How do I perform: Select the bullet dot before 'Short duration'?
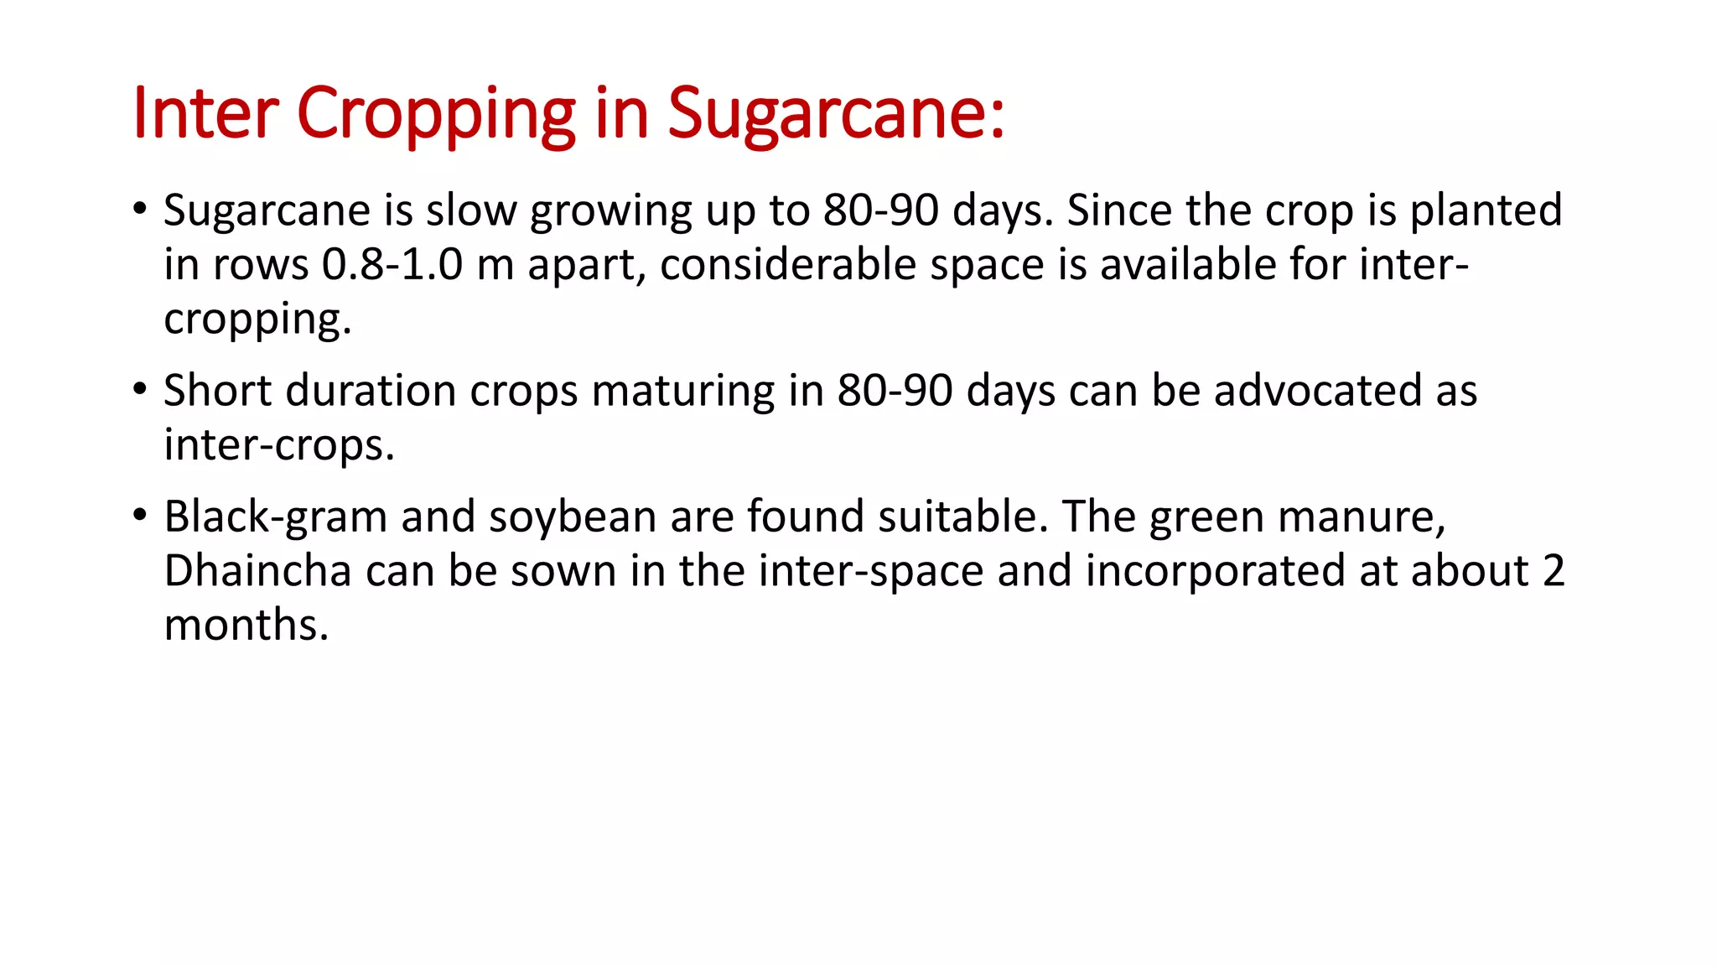[140, 389]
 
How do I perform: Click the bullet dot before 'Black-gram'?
[140, 515]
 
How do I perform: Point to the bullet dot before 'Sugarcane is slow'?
[140, 208]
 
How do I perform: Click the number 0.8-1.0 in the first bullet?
[392, 265]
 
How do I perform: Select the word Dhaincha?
[257, 571]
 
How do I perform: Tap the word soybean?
[573, 517]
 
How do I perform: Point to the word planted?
[1486, 210]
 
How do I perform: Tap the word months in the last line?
[246, 626]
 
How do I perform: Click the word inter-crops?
[278, 445]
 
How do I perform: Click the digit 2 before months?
[1553, 571]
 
